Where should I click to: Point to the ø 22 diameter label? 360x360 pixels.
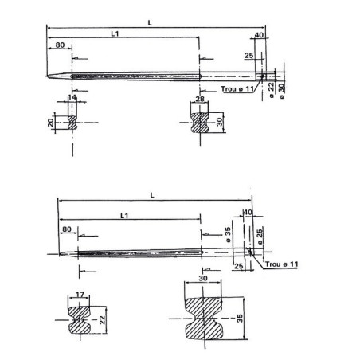pyautogui.click(x=270, y=88)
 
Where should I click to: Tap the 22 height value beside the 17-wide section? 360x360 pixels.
pyautogui.click(x=101, y=319)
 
